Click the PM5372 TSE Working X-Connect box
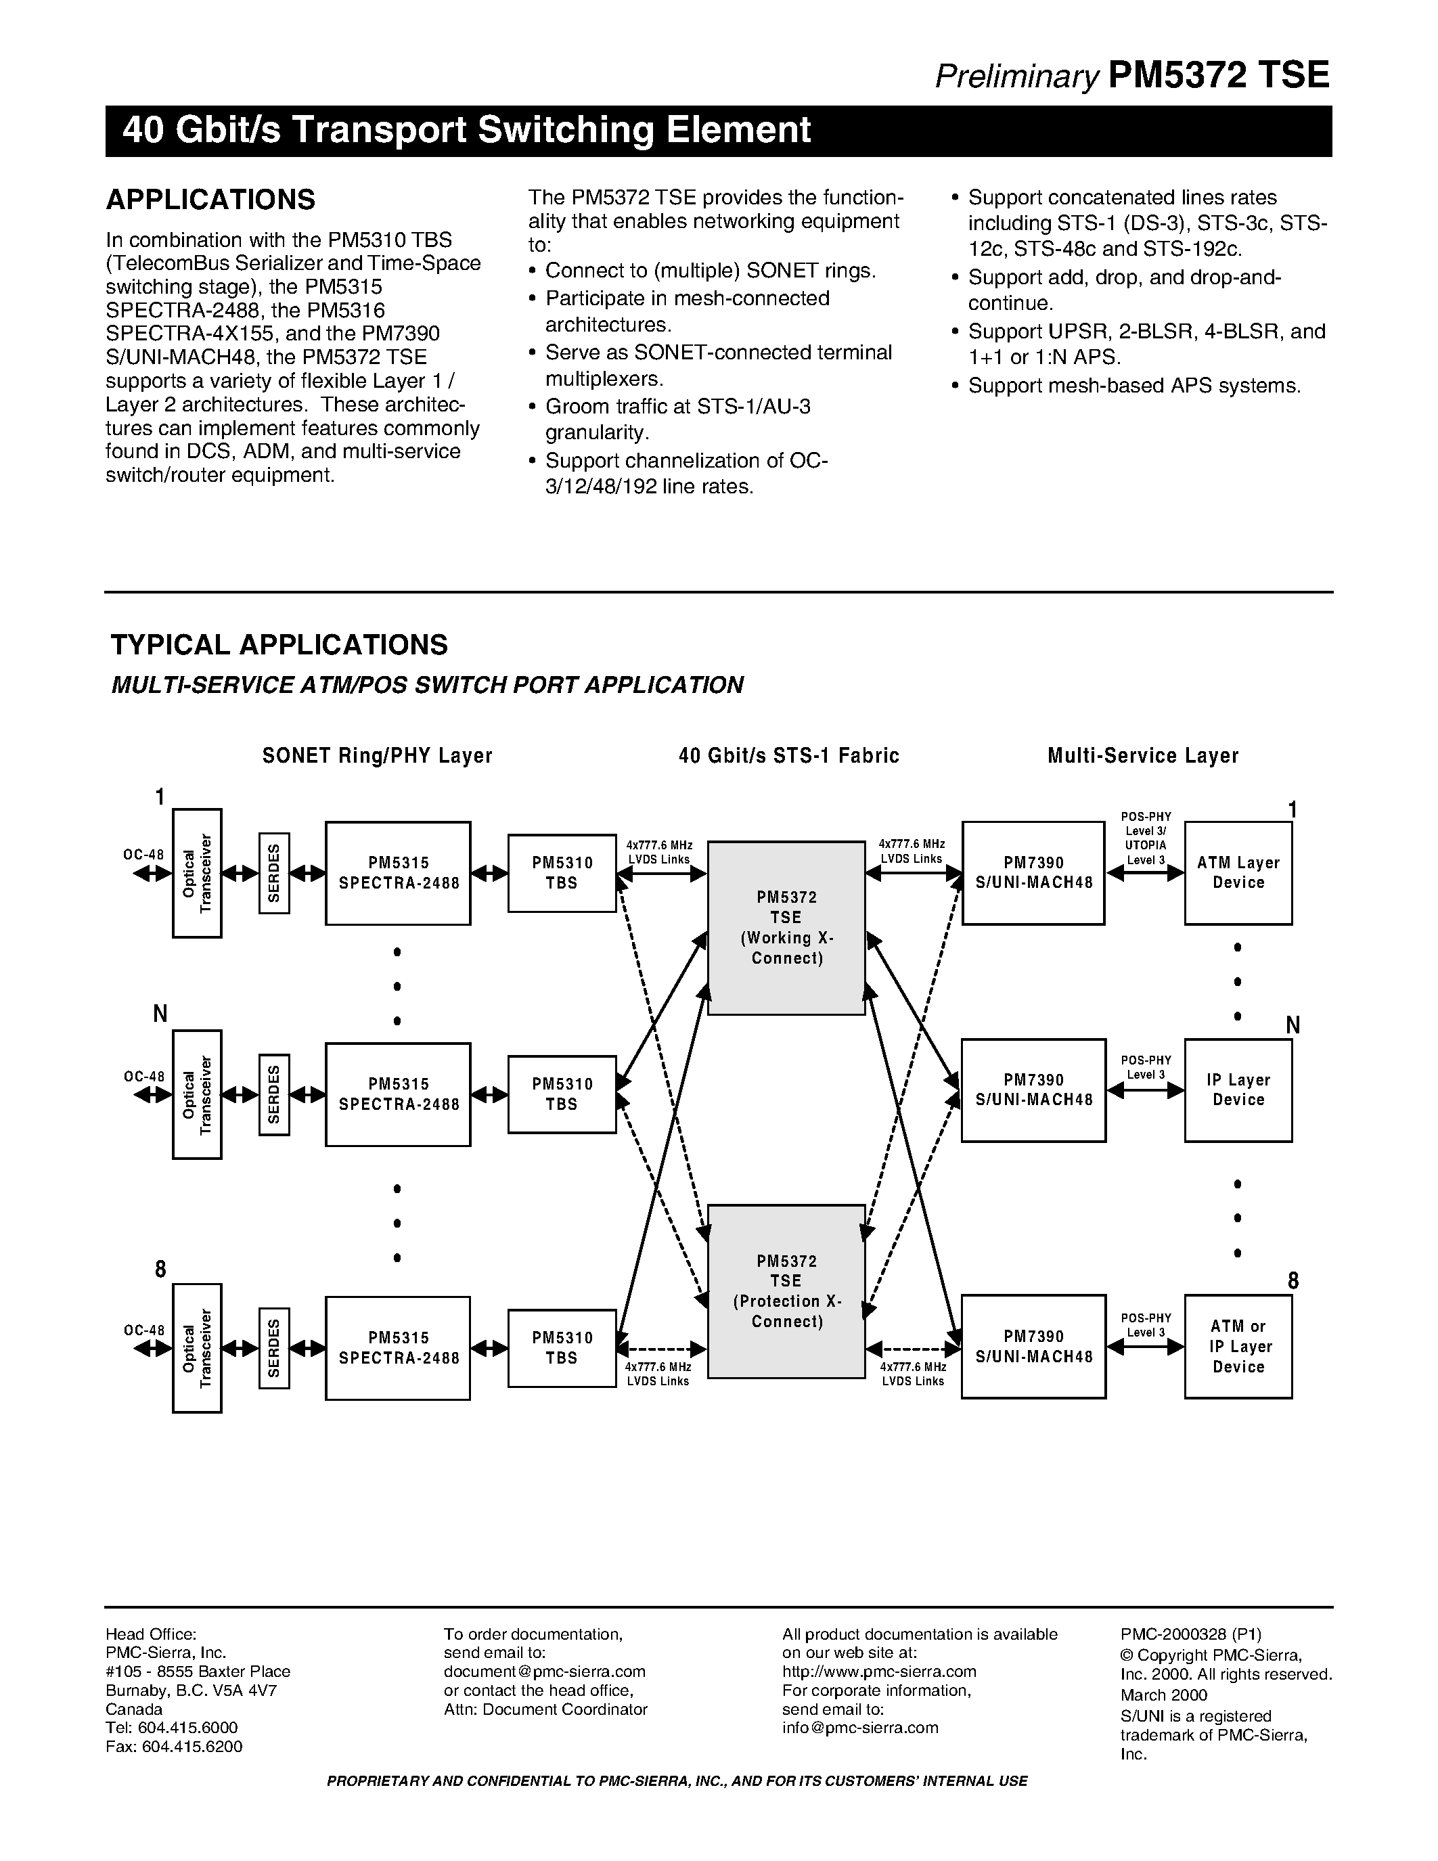pos(786,928)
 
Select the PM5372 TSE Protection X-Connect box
pos(786,1291)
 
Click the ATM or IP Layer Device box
pos(1238,1346)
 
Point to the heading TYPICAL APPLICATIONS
pos(279,645)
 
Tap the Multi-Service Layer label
pos(1142,756)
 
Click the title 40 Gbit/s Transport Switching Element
pos(466,131)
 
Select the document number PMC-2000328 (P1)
pos(1190,1634)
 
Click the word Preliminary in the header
pos(1017,78)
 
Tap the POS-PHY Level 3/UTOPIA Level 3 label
pos(1145,838)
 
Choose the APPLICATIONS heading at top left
pos(210,200)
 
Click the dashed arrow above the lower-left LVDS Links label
pos(661,1349)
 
